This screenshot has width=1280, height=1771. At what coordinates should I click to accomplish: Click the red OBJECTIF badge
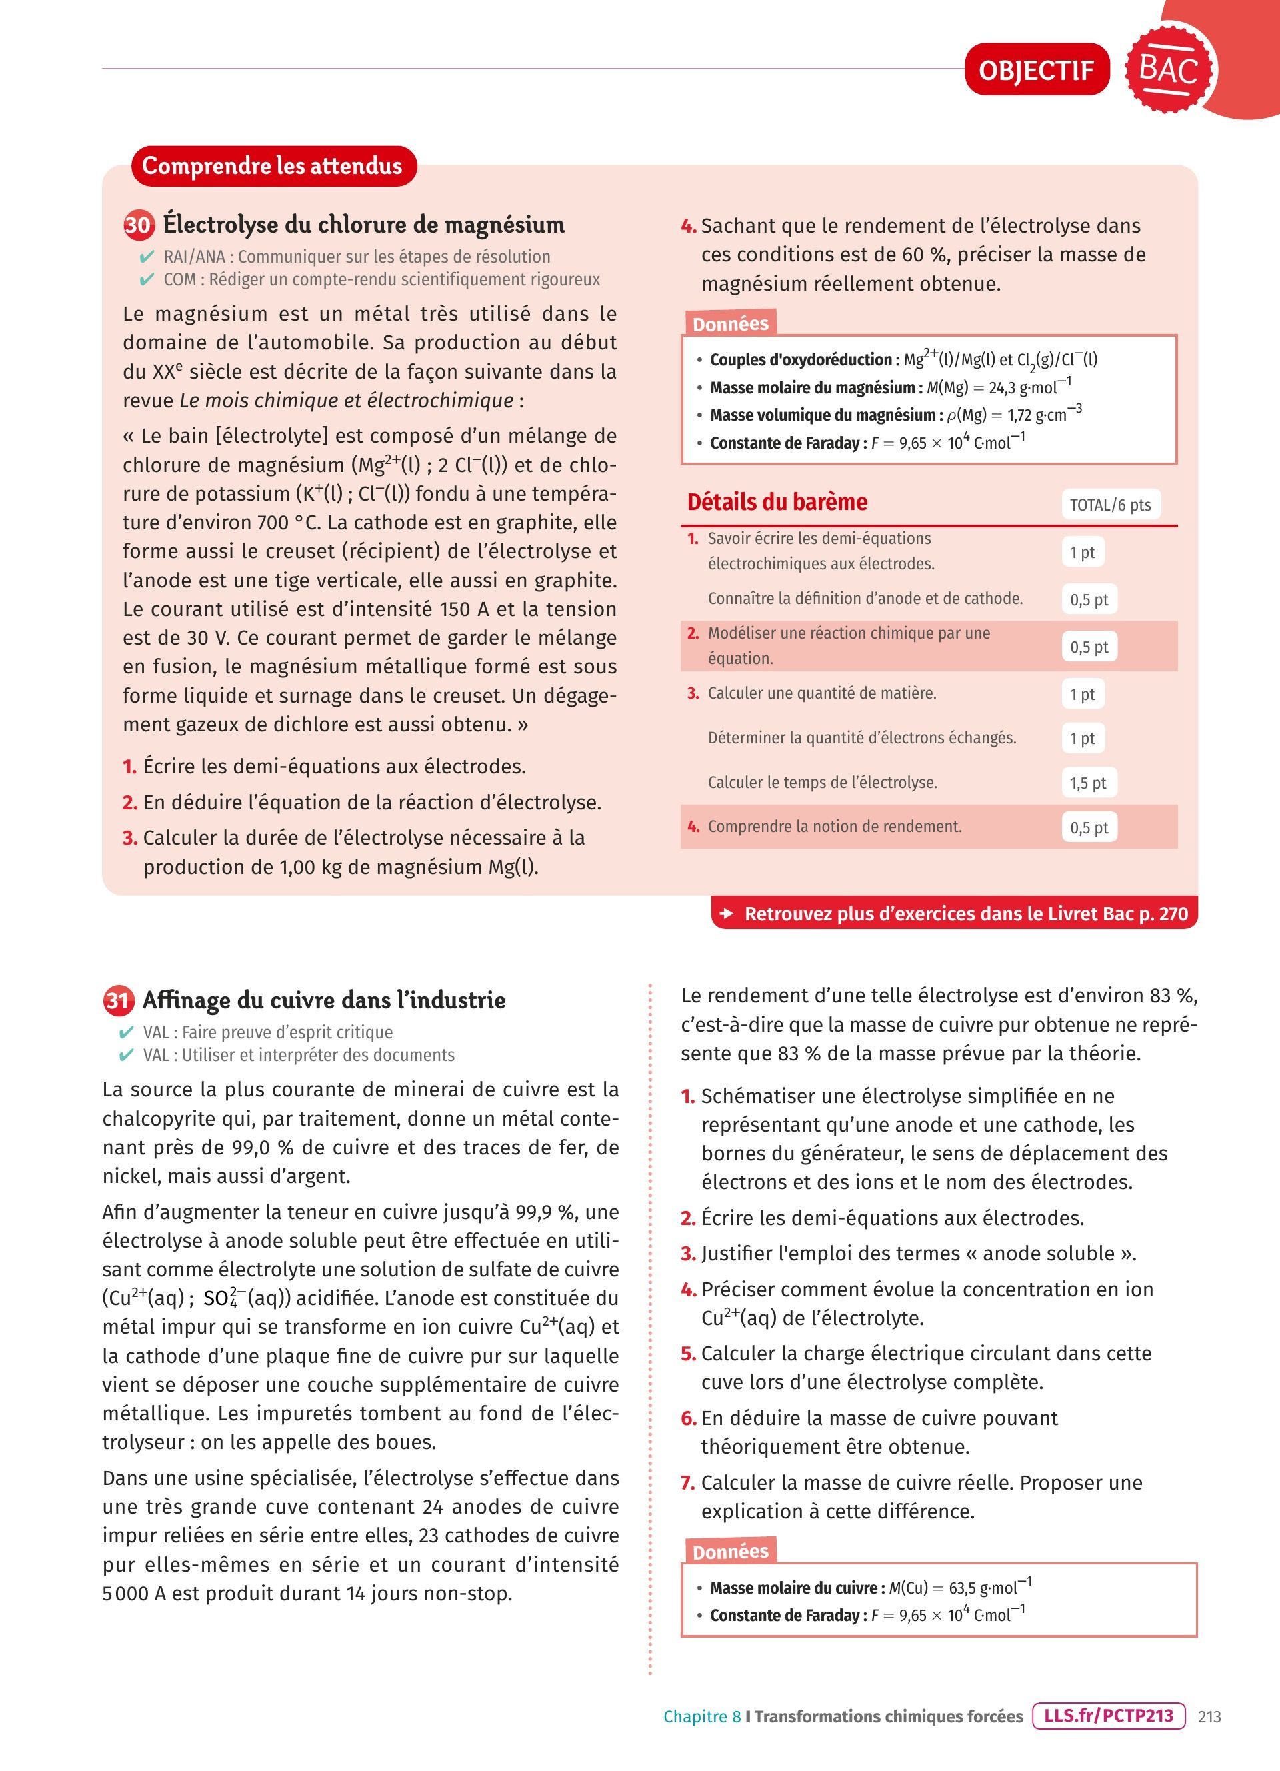[x=1037, y=70]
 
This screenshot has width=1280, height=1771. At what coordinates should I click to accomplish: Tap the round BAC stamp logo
[x=1169, y=69]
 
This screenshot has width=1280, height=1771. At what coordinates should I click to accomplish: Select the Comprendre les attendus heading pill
[x=273, y=166]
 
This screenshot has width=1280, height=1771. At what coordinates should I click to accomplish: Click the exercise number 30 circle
[x=138, y=225]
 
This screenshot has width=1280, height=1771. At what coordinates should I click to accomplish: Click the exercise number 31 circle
[x=118, y=1000]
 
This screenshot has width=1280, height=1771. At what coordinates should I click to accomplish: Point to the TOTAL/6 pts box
[x=1110, y=505]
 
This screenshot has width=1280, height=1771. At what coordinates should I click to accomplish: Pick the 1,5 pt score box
[x=1088, y=783]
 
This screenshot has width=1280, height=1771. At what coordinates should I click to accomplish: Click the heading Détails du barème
[x=777, y=502]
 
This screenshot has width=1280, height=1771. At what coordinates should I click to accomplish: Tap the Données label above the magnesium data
[x=730, y=324]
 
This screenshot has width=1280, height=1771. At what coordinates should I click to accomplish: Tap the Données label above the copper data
[x=730, y=1552]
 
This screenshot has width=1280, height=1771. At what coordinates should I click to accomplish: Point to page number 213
[x=1209, y=1716]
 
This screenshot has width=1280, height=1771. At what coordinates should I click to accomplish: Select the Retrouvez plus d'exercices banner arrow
[x=727, y=914]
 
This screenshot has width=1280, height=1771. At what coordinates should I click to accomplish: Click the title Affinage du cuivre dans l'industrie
[x=324, y=1000]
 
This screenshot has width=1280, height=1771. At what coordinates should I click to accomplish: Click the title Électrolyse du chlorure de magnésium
[x=364, y=225]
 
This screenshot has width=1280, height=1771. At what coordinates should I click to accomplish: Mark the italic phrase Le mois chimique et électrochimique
[x=347, y=401]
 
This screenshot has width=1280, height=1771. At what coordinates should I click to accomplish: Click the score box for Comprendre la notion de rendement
[x=1089, y=827]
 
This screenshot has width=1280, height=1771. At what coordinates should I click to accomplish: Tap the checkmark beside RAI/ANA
[x=147, y=257]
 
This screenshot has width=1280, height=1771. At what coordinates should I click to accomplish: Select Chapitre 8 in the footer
[x=701, y=1716]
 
